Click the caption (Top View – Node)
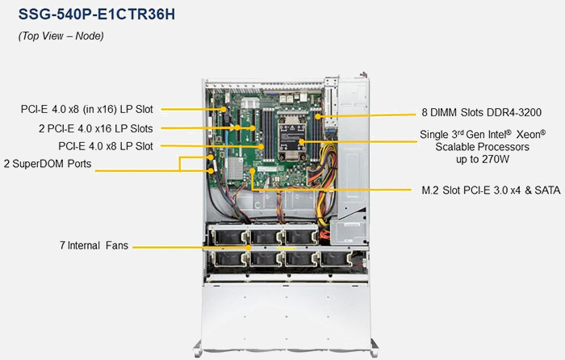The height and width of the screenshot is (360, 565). (x=61, y=36)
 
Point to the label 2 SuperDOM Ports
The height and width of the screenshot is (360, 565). (x=47, y=164)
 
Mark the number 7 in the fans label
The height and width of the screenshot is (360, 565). (x=62, y=245)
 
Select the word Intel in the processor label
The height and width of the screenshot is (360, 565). (x=512, y=135)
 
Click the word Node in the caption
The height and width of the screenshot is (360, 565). (x=88, y=36)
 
